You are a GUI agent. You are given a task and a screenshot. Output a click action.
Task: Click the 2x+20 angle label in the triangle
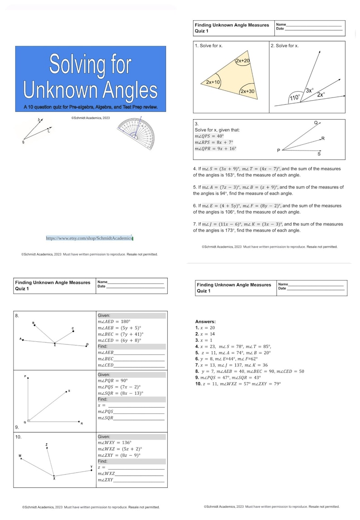pyautogui.click(x=243, y=61)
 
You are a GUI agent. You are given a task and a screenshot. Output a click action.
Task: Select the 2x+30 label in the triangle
pyautogui.click(x=248, y=91)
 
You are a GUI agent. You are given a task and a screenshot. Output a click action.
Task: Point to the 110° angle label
pyautogui.click(x=295, y=98)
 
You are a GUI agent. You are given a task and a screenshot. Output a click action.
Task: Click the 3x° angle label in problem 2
pyautogui.click(x=309, y=90)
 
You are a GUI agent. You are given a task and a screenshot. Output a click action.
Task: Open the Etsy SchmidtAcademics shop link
pyautogui.click(x=89, y=238)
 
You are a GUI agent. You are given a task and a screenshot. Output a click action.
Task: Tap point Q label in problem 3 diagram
pyautogui.click(x=316, y=123)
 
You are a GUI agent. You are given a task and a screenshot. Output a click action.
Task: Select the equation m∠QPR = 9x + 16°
pyautogui.click(x=215, y=149)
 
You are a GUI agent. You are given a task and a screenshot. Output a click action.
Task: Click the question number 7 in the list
pyautogui.click(x=195, y=224)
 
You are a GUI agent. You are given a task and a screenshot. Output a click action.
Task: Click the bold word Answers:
pyautogui.click(x=205, y=321)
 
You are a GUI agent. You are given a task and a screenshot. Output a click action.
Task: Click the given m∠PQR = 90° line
pyautogui.click(x=113, y=381)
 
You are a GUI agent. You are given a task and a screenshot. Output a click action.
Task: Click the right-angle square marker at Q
pyautogui.click(x=29, y=421)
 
